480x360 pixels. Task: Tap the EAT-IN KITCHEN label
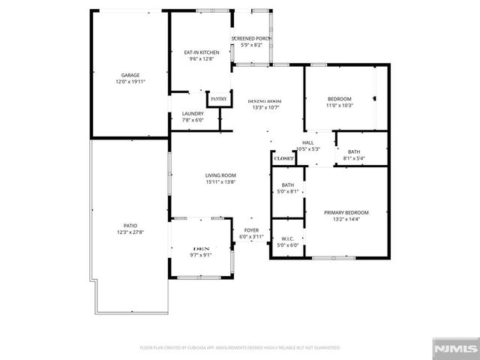[x=201, y=52]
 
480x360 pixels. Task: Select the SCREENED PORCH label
[x=251, y=38]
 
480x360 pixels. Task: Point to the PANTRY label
[x=218, y=98]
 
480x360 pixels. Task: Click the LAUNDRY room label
[x=193, y=114]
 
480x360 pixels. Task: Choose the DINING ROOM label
[x=264, y=100]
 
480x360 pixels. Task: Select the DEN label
[x=200, y=248]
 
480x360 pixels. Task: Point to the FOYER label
[x=251, y=230]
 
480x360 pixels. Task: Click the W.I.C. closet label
[x=287, y=238]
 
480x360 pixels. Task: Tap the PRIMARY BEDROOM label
[x=346, y=212]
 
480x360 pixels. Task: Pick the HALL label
[x=307, y=142]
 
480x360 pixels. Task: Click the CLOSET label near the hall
[x=283, y=159]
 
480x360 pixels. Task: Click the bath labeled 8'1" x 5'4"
[x=353, y=158]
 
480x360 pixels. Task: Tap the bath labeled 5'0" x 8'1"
[x=288, y=191]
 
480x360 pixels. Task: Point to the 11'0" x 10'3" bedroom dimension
[x=340, y=106]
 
